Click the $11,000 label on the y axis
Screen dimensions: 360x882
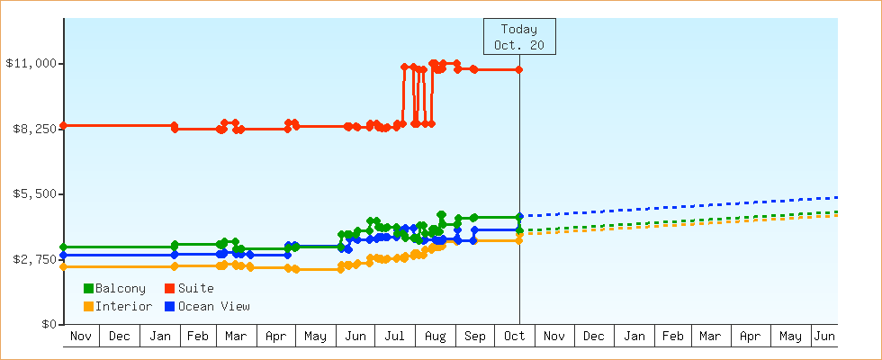coord(31,63)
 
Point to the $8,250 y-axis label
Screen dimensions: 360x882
coord(31,129)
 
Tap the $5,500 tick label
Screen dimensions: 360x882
coord(31,193)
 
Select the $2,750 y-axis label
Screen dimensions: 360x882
coord(31,259)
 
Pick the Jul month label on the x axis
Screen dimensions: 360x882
coord(394,337)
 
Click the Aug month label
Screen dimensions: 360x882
coord(434,337)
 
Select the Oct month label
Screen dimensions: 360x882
coord(513,337)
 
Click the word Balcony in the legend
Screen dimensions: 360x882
coord(120,288)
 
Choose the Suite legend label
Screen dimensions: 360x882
coord(195,288)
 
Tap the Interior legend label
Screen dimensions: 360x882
coord(123,306)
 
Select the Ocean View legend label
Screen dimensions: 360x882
coord(213,306)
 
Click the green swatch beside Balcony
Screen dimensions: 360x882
coord(88,288)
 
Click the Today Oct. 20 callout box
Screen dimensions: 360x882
coord(519,36)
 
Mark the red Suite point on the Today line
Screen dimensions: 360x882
coord(519,70)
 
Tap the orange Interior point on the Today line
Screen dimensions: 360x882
coord(519,240)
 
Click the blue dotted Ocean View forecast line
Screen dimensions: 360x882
coord(684,206)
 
